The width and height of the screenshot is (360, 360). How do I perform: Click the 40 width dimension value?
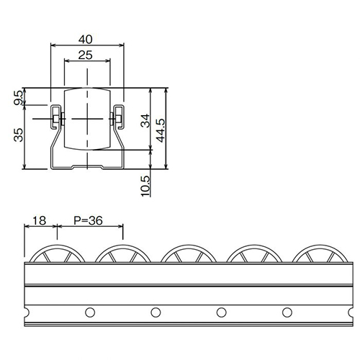coord(86,39)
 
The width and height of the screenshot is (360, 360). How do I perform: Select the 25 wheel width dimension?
coord(86,55)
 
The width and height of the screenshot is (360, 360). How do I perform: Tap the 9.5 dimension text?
coord(18,98)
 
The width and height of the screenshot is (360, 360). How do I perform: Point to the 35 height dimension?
coord(18,135)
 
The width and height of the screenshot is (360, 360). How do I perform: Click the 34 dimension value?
coord(145,121)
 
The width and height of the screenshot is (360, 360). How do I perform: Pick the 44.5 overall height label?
coord(161,130)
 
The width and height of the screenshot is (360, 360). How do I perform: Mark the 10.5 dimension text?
coord(145,186)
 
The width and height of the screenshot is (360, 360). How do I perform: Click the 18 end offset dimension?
coord(40,220)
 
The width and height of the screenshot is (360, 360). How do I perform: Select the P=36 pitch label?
coord(88,220)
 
